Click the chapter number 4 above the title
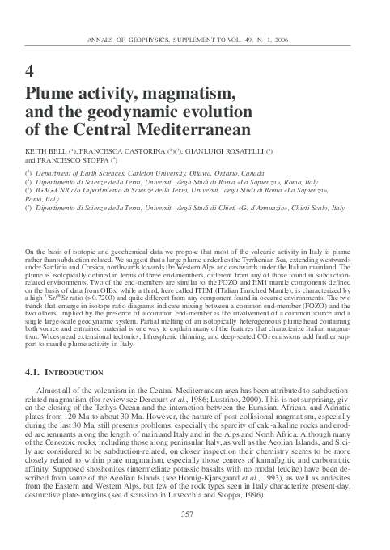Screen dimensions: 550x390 (x=31, y=67)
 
